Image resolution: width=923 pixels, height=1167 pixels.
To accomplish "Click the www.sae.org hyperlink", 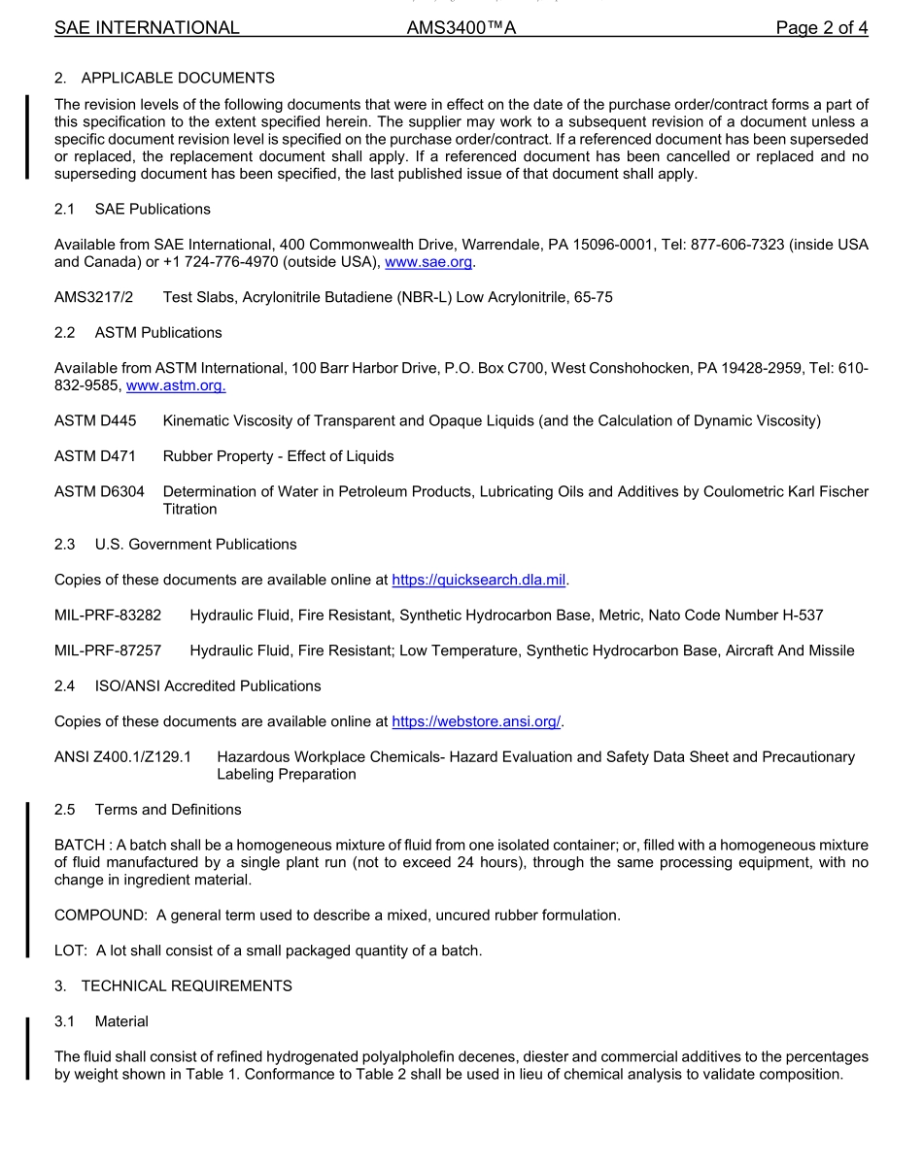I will pos(428,262).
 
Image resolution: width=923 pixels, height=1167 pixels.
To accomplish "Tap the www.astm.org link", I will pos(176,385).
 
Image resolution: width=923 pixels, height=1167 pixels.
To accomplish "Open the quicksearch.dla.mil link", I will pos(478,580).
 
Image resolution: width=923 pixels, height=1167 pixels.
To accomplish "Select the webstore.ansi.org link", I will pos(476,721).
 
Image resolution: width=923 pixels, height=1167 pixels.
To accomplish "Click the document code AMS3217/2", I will pos(93,297).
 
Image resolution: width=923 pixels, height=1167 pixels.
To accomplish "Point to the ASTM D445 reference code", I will pos(95,420).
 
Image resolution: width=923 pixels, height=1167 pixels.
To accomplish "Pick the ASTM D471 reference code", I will pos(95,456).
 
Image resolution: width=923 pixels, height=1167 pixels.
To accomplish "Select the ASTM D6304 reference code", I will pos(99,491).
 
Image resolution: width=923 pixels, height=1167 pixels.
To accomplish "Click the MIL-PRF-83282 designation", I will pos(108,615).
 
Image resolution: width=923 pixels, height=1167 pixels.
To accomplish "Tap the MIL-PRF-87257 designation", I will pos(108,650).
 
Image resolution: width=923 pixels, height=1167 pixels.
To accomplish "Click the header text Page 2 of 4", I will pos(821,27).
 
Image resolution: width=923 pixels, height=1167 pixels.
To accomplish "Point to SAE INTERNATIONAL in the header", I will pos(147,27).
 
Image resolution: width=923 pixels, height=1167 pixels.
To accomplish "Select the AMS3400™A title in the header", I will pos(461,27).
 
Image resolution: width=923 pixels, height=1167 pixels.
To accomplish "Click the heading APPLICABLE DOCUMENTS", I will pos(178,78).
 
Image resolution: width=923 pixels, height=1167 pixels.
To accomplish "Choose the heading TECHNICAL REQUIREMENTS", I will pos(187,985).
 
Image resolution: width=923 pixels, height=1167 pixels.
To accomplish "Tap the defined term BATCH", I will pos(81,845).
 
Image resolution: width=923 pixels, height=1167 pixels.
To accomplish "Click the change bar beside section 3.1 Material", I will pos(28,1049).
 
